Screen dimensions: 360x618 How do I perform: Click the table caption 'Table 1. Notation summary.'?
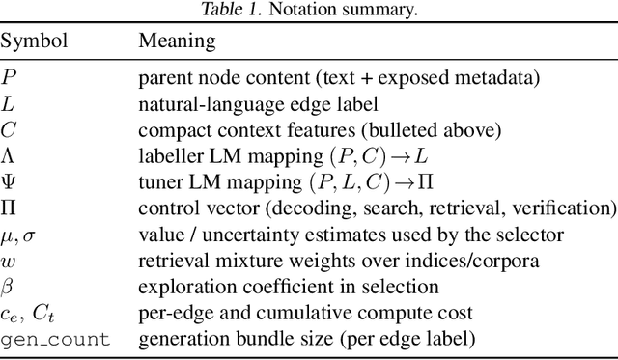point(308,11)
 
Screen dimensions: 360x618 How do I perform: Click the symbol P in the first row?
point(8,77)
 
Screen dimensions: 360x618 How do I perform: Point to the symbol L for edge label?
point(8,103)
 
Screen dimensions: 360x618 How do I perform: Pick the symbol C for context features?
point(8,129)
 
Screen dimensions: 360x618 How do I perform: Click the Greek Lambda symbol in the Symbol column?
point(8,155)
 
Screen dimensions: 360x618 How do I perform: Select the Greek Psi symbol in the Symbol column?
point(8,181)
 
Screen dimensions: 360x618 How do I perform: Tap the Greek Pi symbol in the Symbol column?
point(8,208)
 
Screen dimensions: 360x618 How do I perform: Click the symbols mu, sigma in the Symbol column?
point(18,235)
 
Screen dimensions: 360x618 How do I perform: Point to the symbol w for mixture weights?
point(8,261)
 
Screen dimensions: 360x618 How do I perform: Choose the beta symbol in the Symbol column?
point(7,287)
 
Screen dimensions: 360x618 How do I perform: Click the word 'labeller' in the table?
point(164,155)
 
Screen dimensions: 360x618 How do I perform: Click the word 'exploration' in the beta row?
point(177,287)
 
